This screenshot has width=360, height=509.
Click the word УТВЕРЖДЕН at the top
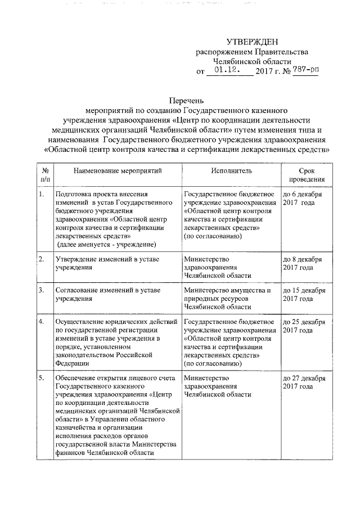pos(252,42)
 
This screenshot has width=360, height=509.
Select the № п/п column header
pos(44,174)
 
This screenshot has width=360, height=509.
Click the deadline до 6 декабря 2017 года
pos(303,199)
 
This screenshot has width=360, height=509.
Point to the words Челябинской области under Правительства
pos(252,61)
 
